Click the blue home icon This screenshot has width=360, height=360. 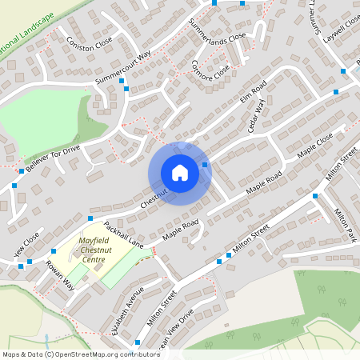coord(179,173)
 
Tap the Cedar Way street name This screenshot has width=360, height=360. coord(256,117)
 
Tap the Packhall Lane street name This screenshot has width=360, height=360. coord(122,233)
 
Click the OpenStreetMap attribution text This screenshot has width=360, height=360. coord(70,354)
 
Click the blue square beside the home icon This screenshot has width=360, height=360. coord(206,165)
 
